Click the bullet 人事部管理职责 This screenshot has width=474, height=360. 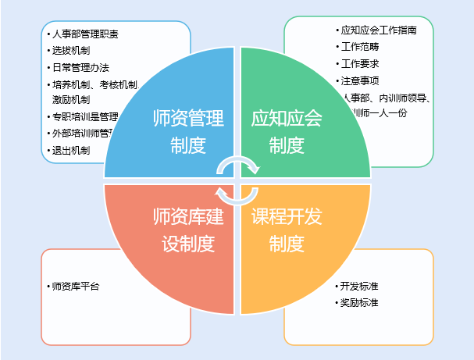point(87,35)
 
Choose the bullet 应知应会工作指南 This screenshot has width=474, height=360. point(380,31)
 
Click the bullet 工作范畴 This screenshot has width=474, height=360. point(360,48)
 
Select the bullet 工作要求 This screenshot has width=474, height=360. point(360,64)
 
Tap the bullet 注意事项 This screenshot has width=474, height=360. point(360,80)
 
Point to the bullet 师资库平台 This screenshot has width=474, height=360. point(74,286)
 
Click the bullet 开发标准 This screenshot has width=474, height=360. point(359,286)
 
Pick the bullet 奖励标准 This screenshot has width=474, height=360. point(359,302)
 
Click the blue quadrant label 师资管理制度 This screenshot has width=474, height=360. point(188,131)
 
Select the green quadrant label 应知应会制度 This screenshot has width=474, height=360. point(287,131)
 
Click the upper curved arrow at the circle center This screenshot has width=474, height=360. point(238,163)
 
